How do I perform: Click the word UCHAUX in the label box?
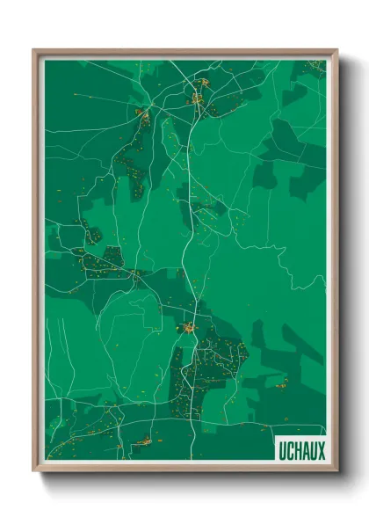click(x=301, y=450)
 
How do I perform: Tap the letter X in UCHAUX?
click(x=321, y=450)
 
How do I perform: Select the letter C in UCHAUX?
click(x=290, y=450)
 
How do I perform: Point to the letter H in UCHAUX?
click(x=298, y=450)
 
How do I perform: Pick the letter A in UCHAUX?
click(x=306, y=450)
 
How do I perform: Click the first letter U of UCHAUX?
click(x=282, y=450)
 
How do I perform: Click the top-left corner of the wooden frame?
click(x=34, y=50)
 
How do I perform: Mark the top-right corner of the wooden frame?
click(x=336, y=50)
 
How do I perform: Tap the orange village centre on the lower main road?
click(x=188, y=328)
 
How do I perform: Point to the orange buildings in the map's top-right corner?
click(x=312, y=67)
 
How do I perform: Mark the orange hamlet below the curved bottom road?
click(x=142, y=441)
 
